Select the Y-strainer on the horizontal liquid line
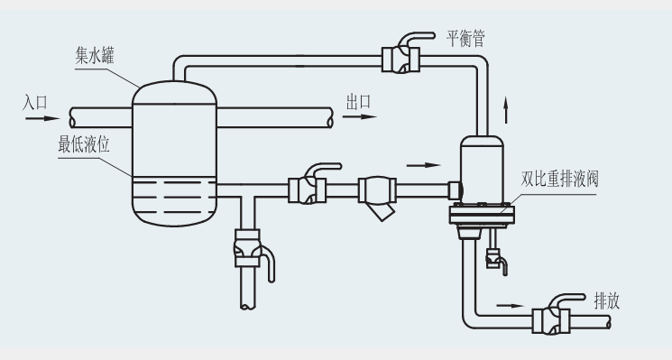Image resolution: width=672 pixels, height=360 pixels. point(376,194)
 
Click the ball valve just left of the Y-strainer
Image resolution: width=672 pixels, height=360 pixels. point(308,189)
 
